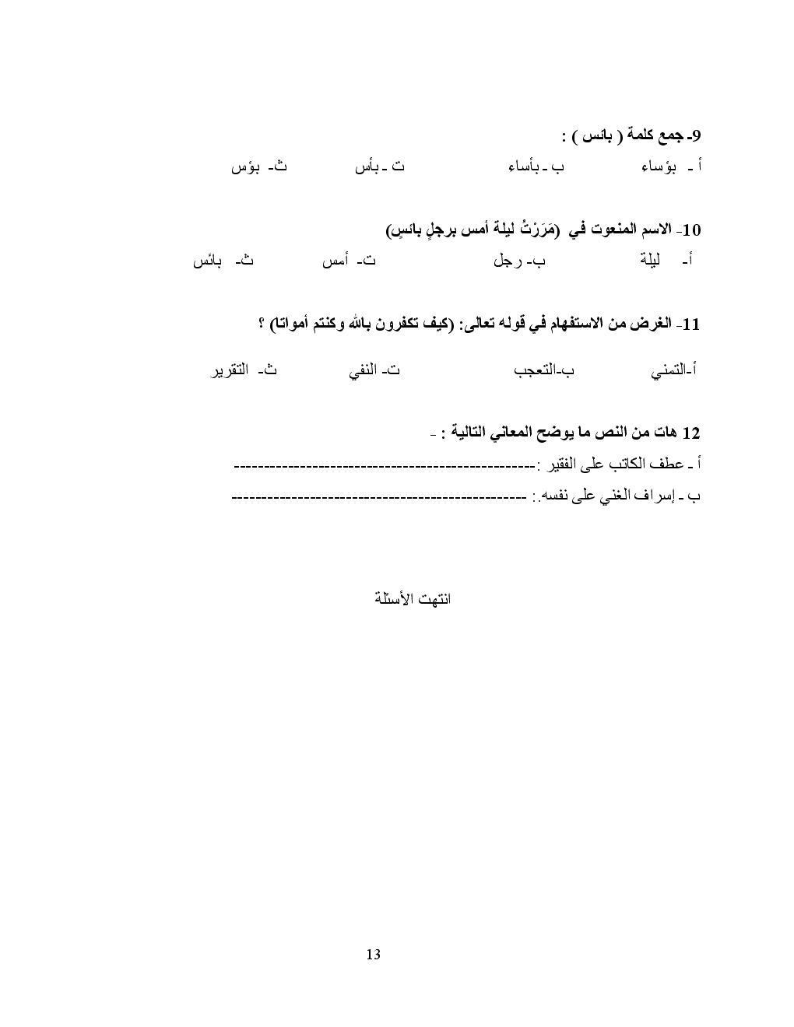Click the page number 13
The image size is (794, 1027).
[x=373, y=954]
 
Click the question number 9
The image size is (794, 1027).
[x=697, y=137]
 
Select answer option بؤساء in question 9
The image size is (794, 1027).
[x=659, y=167]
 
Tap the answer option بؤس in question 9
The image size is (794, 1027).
[x=245, y=167]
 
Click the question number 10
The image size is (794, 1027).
[x=691, y=230]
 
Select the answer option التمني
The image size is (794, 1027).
[x=669, y=372]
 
